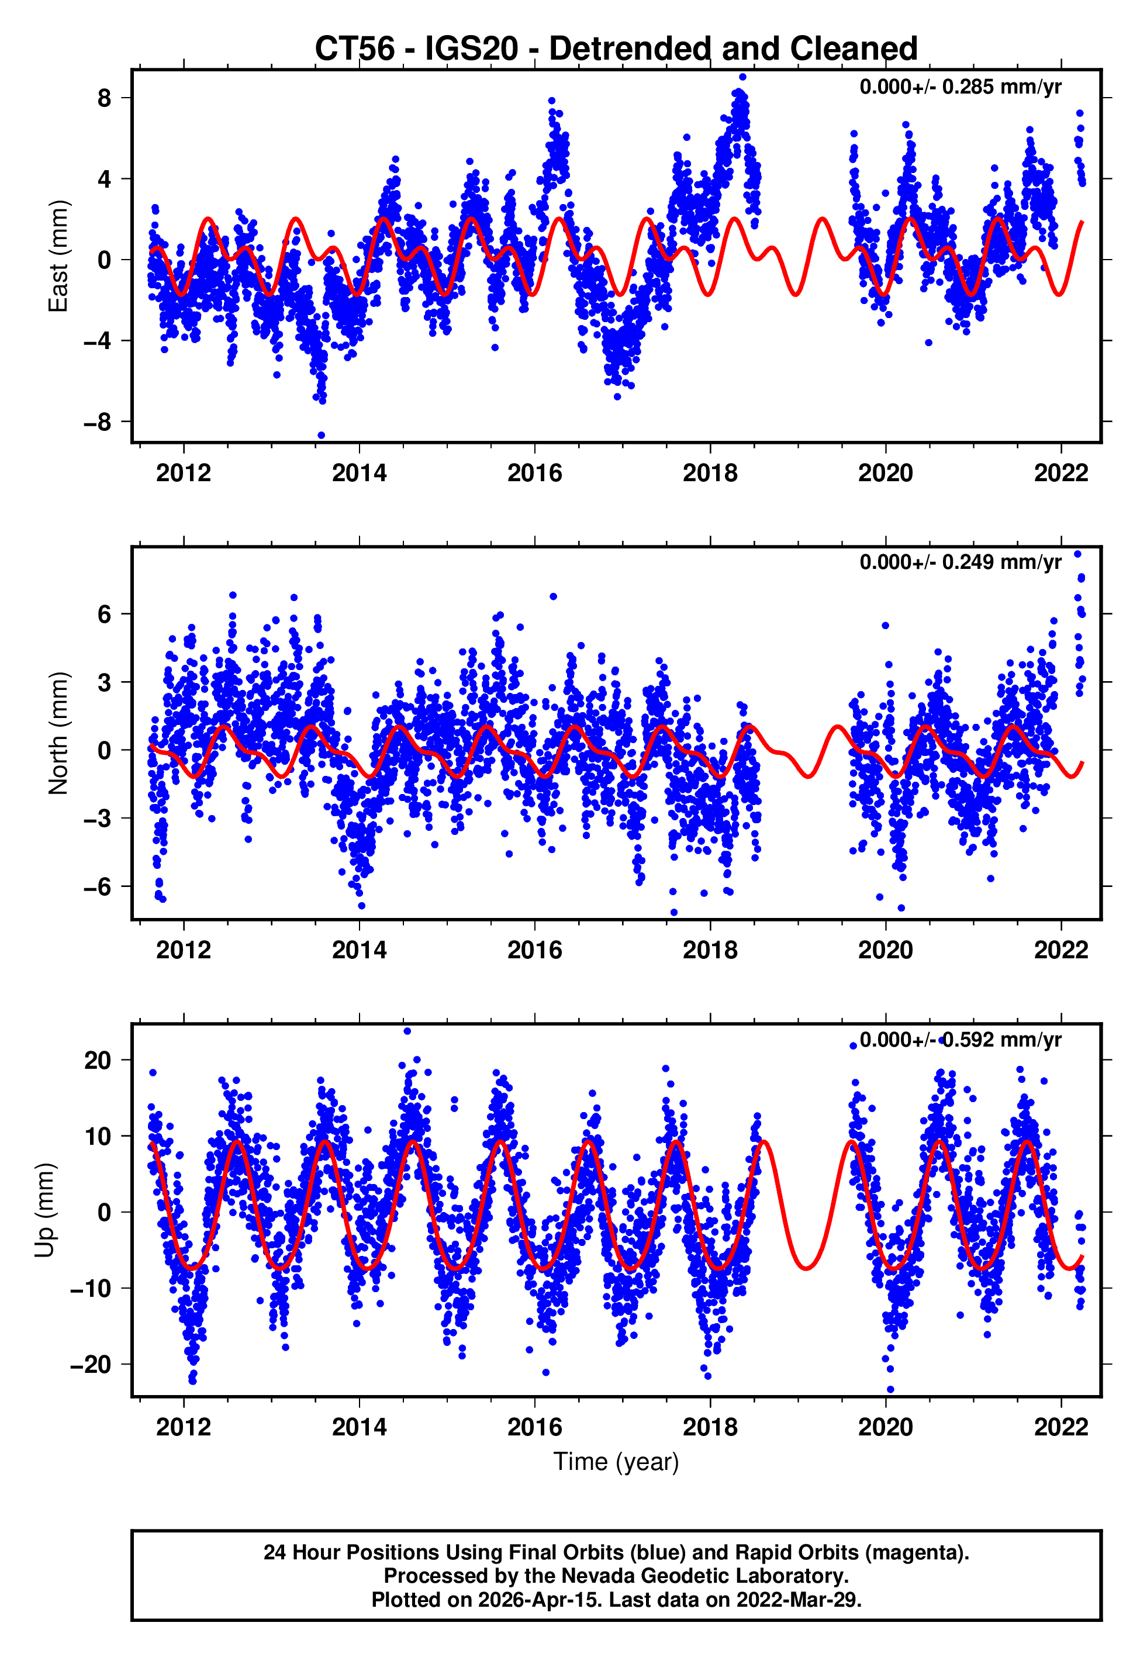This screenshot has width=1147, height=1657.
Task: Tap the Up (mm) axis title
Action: [44, 1210]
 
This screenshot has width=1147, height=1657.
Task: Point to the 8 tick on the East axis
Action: [105, 98]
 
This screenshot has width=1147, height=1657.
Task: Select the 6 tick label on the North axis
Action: [105, 615]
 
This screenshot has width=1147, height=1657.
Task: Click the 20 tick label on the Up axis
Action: [98, 1060]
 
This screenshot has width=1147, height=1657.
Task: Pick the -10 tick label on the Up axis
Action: [90, 1289]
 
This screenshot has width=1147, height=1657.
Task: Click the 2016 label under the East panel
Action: [535, 473]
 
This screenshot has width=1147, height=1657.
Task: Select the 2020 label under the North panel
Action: [886, 950]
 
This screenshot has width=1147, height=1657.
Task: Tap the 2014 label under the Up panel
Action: [360, 1427]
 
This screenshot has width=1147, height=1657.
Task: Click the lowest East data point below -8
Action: [322, 436]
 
